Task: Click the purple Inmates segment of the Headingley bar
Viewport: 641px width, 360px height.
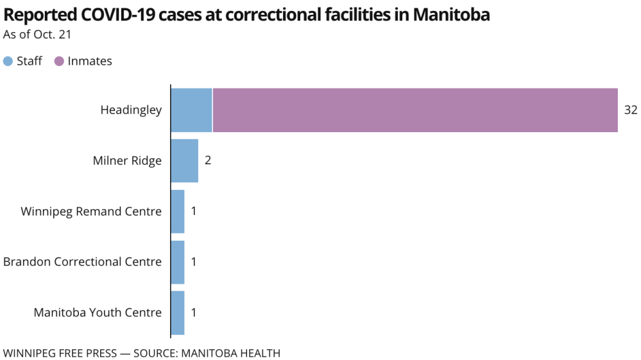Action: point(415,110)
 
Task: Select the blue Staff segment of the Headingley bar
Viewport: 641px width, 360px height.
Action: point(191,110)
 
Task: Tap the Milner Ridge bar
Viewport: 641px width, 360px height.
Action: point(184,160)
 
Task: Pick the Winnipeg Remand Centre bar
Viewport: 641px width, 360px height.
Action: point(178,211)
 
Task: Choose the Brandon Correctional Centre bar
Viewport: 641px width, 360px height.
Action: point(178,262)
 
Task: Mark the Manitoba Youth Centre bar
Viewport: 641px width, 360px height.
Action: point(178,313)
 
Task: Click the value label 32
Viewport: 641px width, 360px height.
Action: point(631,110)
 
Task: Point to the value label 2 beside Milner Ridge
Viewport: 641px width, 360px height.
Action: point(208,160)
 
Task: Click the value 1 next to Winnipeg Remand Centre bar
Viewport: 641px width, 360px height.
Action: point(194,211)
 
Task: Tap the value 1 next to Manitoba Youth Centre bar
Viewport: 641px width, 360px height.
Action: point(194,313)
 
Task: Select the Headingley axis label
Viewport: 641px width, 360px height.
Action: point(131,110)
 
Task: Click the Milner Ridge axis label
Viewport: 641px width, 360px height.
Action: point(127,160)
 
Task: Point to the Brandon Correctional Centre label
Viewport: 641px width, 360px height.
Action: point(82,262)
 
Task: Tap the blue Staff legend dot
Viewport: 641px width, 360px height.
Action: point(8,62)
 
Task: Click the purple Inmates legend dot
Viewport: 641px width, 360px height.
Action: point(60,62)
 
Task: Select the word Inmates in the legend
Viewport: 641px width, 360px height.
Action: point(90,62)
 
